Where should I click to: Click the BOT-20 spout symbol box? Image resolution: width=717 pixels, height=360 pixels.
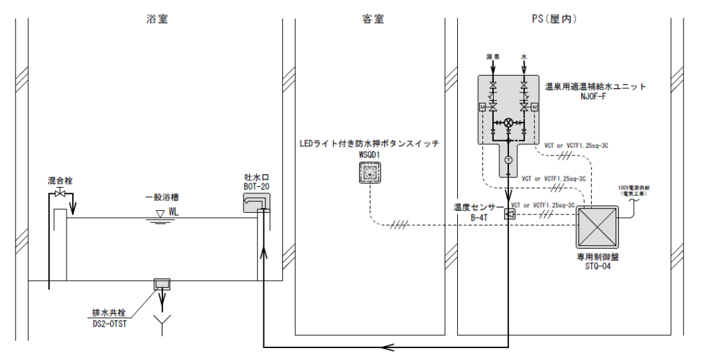[256, 204]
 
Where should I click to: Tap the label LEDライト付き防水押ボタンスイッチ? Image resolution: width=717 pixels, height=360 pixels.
[368, 144]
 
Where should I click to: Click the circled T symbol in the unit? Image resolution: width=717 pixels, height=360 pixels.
[509, 161]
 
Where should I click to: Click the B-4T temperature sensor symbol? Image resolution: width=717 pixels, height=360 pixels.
[509, 214]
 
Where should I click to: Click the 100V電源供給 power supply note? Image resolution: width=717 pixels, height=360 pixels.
[634, 189]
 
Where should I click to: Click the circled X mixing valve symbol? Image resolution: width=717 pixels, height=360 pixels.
[509, 121]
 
